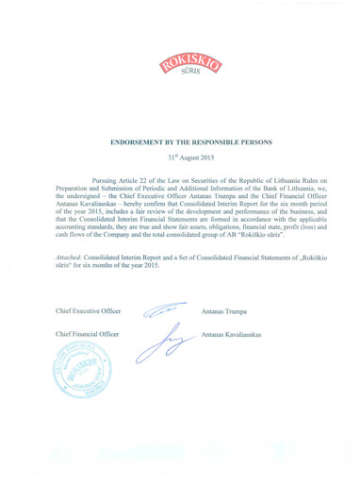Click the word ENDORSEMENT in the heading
pos(139,142)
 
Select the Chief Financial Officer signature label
pos(88,335)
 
